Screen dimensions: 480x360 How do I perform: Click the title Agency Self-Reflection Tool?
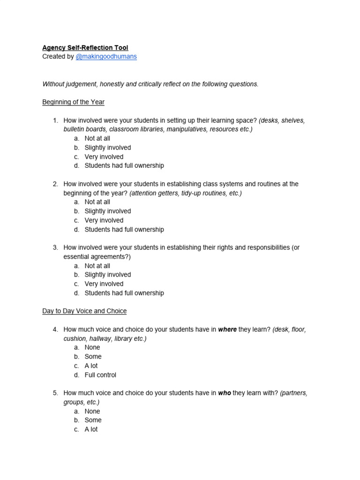pos(85,48)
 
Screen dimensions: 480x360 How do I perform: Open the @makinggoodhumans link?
pos(106,57)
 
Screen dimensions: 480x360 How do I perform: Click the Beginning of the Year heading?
pos(73,102)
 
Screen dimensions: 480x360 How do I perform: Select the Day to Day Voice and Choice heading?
pos(84,311)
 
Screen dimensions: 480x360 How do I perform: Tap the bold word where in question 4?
pos(227,330)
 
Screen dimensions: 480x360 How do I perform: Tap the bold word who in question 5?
pos(225,393)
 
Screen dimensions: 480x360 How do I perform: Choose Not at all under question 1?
pos(97,138)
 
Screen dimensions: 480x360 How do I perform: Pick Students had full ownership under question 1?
pos(124,165)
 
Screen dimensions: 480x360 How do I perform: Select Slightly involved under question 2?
pos(108,211)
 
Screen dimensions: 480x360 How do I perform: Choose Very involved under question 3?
pos(104,284)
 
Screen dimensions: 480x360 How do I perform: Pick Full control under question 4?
pos(100,375)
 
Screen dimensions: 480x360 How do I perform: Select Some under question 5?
pos(93,420)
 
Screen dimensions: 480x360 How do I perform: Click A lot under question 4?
pos(91,366)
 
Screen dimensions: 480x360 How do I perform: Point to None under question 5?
pos(92,411)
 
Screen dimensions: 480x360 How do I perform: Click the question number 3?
pos(55,247)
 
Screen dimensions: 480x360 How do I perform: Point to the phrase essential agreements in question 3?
pos(95,256)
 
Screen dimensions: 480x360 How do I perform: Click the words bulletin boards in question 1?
pos(83,129)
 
